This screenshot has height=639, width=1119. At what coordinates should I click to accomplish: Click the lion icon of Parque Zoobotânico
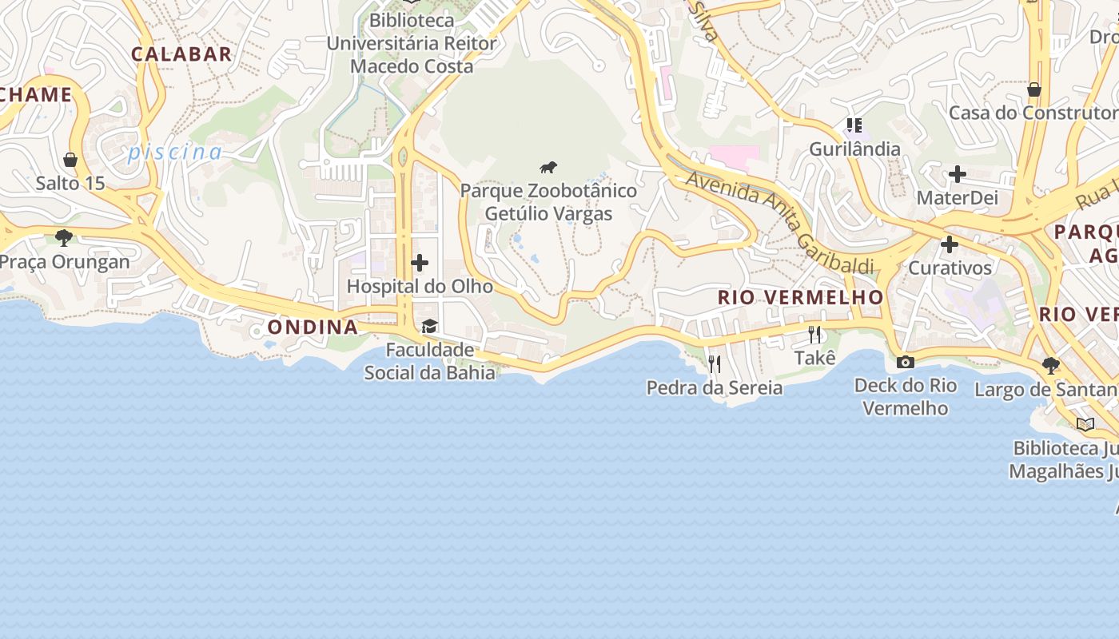[548, 168]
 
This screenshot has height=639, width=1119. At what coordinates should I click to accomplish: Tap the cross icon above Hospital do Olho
[420, 263]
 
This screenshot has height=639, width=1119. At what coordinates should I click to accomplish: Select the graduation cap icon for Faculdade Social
[430, 326]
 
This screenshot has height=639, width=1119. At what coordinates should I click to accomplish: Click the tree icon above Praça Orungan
[64, 237]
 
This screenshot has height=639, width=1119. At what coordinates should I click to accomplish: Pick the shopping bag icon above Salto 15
[70, 160]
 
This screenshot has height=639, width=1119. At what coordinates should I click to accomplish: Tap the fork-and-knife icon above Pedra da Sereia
[715, 364]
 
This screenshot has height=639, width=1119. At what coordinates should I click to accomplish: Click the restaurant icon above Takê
[814, 334]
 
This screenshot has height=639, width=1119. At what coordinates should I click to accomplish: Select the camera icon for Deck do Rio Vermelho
[906, 362]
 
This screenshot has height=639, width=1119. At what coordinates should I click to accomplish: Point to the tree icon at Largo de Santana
[1051, 366]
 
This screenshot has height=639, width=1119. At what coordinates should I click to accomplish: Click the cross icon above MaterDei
[957, 173]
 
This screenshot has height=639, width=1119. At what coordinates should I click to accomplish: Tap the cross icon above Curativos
[950, 244]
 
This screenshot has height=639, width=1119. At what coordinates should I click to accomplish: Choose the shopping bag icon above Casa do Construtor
[1033, 89]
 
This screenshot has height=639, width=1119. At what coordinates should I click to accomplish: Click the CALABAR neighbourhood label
[181, 54]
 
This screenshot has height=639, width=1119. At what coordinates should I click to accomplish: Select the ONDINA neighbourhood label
[313, 327]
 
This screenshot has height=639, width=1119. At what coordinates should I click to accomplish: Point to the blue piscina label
[175, 152]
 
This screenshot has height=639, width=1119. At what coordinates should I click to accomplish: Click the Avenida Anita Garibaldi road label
[779, 222]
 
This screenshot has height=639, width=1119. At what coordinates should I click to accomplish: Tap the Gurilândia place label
[854, 149]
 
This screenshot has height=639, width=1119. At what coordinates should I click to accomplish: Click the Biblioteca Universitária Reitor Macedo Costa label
[412, 43]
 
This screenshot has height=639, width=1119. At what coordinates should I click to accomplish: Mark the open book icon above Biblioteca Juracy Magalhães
[1085, 424]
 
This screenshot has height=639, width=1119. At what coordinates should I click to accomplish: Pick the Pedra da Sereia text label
[715, 388]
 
